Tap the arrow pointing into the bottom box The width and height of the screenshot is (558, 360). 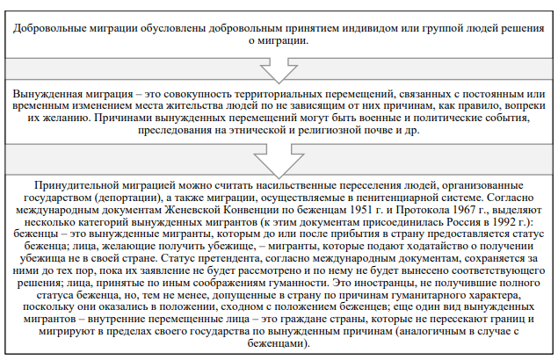279,161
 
